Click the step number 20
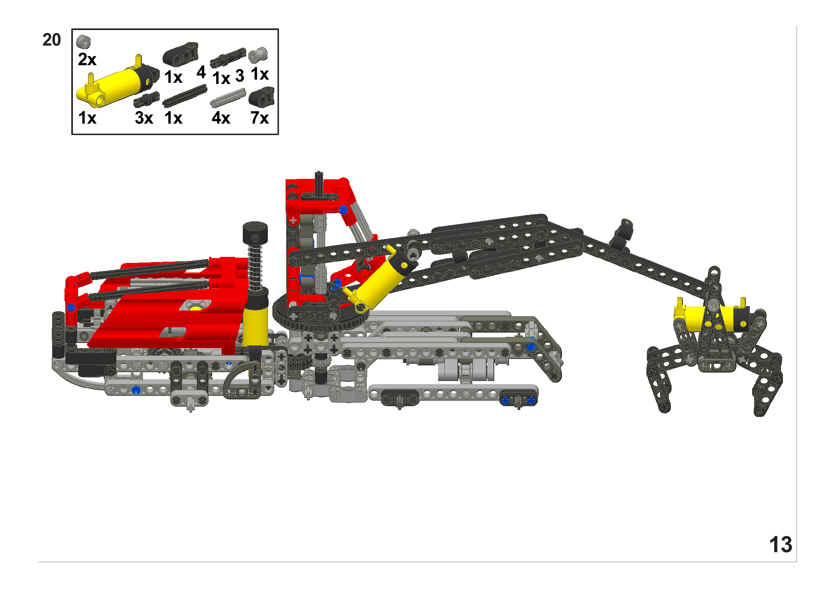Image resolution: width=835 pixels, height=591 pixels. click(52, 40)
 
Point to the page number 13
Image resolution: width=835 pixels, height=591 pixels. click(781, 545)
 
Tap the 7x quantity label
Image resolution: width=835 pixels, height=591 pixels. click(260, 118)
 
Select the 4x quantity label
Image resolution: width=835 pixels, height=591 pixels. click(221, 118)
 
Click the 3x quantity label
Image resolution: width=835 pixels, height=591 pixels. click(144, 118)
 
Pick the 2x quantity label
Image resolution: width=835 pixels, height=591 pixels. click(87, 59)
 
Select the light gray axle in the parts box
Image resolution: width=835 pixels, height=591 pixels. click(228, 98)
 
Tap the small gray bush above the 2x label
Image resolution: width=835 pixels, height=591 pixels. click(84, 41)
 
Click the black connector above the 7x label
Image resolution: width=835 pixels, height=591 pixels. click(262, 97)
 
